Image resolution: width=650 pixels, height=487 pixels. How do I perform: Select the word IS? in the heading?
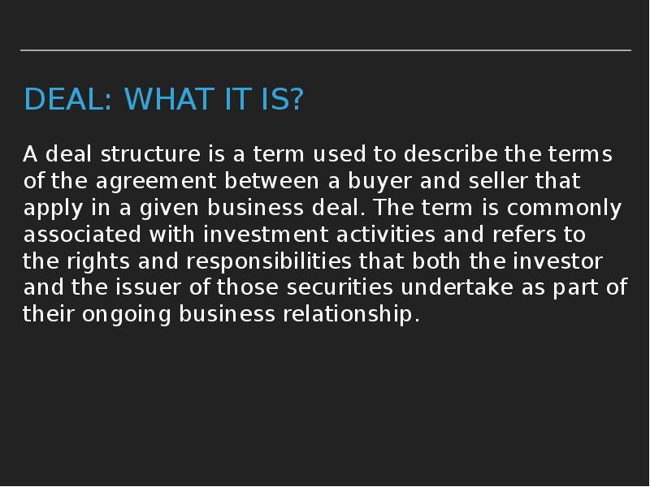279,100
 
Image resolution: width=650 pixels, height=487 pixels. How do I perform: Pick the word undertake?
460,288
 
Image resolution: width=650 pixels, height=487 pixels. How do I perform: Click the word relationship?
350,315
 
